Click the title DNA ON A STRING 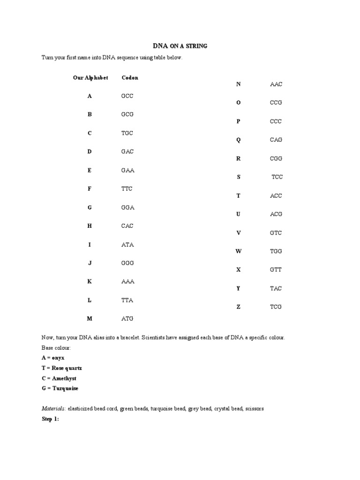[180, 46]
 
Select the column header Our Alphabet [90, 78]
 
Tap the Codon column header [130, 78]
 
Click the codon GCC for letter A [127, 96]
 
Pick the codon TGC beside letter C [127, 133]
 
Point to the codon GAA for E [128, 170]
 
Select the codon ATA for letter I [127, 245]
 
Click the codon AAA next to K [127, 282]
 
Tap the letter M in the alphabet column [90, 319]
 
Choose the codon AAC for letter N [276, 84]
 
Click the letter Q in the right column [238, 140]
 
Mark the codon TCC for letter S [277, 177]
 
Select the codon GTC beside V [276, 233]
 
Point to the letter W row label [238, 251]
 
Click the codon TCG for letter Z [276, 307]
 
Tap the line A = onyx [54, 358]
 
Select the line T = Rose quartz [61, 368]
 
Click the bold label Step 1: [50, 419]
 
